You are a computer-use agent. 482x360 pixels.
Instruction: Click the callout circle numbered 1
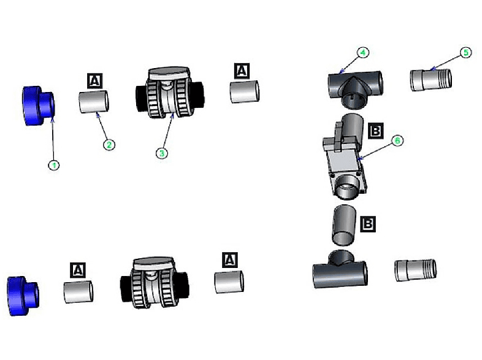pyautogui.click(x=54, y=164)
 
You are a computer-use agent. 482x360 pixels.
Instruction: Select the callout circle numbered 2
pyautogui.click(x=108, y=145)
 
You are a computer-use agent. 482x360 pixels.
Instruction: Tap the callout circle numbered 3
pyautogui.click(x=161, y=153)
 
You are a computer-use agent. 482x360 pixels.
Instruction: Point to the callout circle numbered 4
pyautogui.click(x=363, y=53)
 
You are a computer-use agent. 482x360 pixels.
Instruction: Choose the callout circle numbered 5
pyautogui.click(x=465, y=53)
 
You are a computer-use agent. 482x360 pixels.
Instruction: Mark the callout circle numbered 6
pyautogui.click(x=397, y=140)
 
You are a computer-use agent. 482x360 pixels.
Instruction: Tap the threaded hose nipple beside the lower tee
pyautogui.click(x=415, y=270)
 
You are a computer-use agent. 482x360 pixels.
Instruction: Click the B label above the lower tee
pyautogui.click(x=367, y=224)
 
